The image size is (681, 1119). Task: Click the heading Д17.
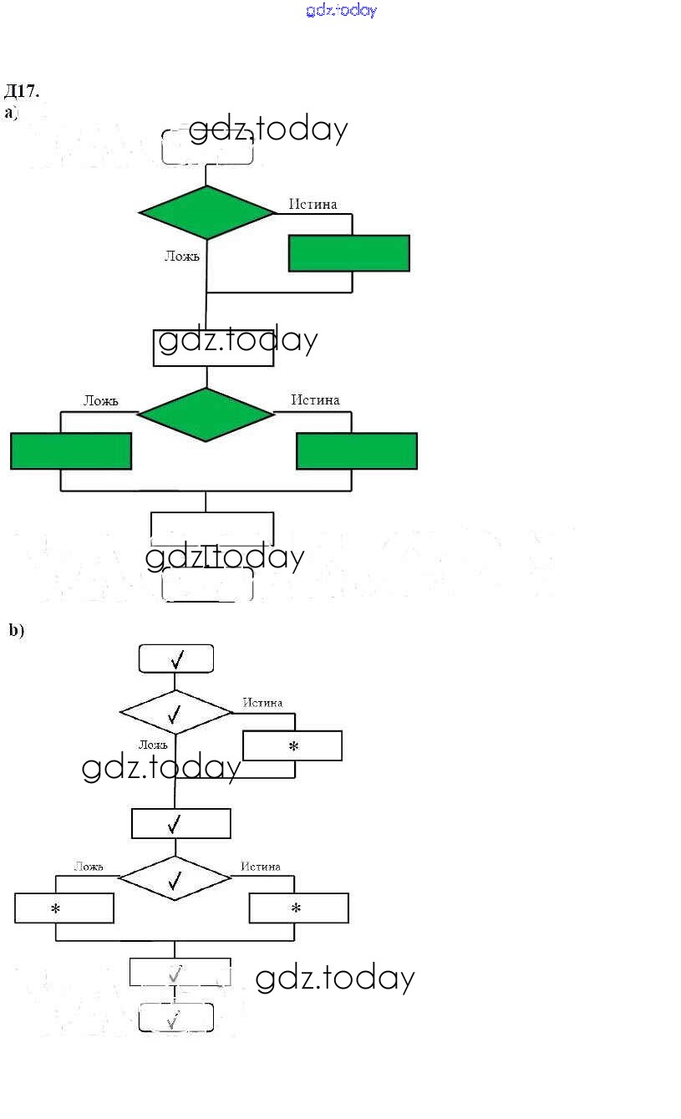[x=22, y=90]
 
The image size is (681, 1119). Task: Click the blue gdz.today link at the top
[x=342, y=10]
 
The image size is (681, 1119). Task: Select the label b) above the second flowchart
[x=17, y=630]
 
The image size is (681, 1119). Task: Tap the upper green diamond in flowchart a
[x=207, y=212]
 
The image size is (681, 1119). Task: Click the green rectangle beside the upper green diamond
[x=349, y=253]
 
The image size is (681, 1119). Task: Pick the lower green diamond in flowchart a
[x=206, y=415]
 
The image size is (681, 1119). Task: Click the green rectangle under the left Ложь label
[x=71, y=451]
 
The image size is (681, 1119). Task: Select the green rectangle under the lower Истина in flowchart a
[x=357, y=451]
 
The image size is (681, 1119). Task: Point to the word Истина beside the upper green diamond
[x=313, y=204]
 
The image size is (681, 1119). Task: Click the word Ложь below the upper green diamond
[x=182, y=256]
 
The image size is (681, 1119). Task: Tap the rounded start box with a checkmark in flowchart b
[x=175, y=659]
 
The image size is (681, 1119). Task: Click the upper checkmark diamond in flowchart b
[x=175, y=713]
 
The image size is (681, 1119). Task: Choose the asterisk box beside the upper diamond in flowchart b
[x=292, y=746]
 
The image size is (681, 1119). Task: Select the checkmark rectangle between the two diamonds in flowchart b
[x=180, y=824]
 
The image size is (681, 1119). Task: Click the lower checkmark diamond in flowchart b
[x=175, y=878]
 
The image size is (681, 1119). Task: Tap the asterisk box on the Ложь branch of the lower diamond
[x=64, y=908]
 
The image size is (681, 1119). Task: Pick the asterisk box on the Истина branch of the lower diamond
[x=299, y=908]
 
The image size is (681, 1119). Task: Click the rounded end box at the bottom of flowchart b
[x=175, y=1019]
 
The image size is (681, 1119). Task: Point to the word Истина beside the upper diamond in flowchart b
[x=262, y=703]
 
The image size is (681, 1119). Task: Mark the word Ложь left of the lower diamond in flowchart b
[x=89, y=867]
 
